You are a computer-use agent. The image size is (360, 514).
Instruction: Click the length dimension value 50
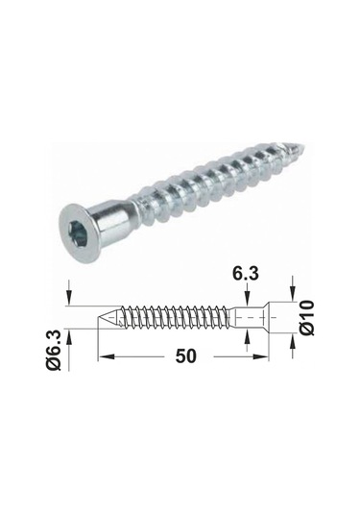click(x=185, y=356)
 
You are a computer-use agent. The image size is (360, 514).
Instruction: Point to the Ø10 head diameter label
click(x=307, y=317)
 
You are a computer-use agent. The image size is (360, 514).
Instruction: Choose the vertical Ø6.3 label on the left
click(x=54, y=350)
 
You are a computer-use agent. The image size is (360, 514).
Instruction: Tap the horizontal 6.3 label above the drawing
click(x=246, y=274)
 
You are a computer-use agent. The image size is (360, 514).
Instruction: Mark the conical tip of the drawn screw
click(x=109, y=317)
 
